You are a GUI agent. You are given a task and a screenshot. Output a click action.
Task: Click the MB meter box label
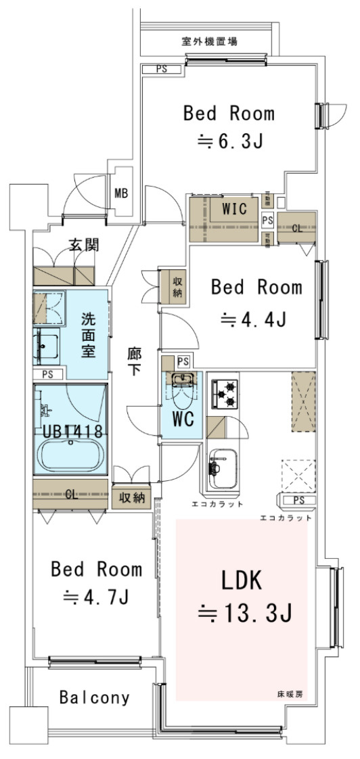121,193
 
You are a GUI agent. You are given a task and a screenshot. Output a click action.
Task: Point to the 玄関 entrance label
84,245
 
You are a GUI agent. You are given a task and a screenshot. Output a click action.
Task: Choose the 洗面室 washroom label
89,335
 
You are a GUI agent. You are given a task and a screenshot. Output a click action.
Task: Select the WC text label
183,420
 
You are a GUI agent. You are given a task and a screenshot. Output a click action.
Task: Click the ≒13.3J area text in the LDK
244,613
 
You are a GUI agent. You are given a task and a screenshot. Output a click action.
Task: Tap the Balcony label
94,697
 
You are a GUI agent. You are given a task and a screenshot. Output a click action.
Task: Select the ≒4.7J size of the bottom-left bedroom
96,597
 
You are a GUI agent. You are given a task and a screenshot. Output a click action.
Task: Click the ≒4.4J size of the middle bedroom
256,318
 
